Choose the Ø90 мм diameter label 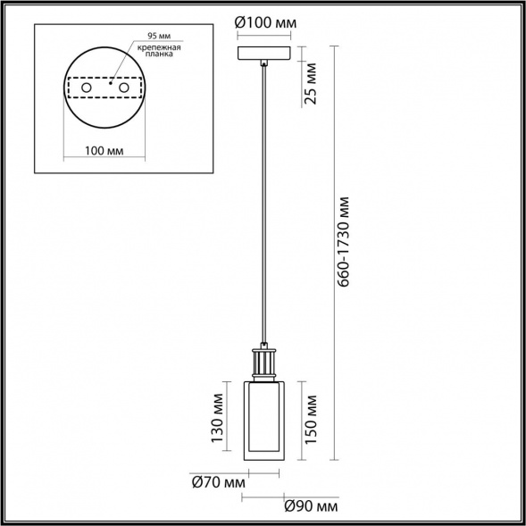tap(309, 506)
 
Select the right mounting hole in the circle tap(123, 89)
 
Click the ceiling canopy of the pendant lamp tap(264, 53)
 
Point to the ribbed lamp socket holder tap(265, 363)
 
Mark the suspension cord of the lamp tap(265, 205)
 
